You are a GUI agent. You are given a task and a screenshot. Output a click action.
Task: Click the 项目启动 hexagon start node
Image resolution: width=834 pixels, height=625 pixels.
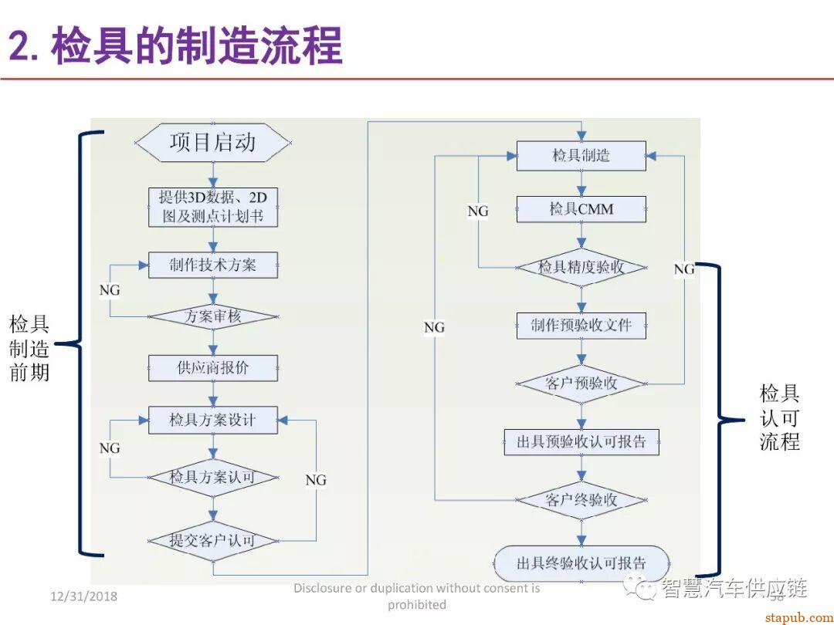(213, 143)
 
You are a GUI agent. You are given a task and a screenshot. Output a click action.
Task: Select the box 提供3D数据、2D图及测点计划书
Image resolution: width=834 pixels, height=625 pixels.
(213, 207)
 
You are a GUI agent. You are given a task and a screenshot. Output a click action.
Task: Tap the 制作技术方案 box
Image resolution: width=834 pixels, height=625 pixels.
(213, 265)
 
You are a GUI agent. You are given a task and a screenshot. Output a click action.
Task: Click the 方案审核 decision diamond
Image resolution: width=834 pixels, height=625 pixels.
(213, 316)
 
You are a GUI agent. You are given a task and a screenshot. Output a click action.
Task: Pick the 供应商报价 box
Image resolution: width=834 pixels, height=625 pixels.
(213, 368)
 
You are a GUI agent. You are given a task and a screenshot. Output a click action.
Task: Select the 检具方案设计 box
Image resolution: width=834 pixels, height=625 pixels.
(213, 421)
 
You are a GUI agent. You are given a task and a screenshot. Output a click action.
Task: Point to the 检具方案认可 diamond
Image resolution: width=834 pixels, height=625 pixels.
(213, 478)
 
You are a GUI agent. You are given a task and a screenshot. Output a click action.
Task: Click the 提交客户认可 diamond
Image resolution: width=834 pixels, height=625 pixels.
(213, 540)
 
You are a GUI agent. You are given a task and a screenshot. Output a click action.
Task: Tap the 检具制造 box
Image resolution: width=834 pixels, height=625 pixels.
(581, 156)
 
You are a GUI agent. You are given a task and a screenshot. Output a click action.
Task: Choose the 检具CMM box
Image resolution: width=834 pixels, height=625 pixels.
(581, 209)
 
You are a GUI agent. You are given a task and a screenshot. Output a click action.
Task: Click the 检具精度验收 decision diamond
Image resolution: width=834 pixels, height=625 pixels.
(581, 268)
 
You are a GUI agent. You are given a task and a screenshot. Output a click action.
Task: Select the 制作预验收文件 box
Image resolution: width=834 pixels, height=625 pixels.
(581, 326)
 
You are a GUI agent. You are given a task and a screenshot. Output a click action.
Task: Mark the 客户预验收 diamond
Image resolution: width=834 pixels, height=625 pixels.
(581, 383)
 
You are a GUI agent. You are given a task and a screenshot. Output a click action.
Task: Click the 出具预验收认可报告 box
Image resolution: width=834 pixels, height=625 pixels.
(581, 442)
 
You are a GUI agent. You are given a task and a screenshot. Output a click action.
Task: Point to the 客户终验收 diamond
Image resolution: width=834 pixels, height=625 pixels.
(581, 500)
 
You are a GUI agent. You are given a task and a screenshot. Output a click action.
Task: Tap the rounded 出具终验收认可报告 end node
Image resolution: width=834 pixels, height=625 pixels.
(581, 562)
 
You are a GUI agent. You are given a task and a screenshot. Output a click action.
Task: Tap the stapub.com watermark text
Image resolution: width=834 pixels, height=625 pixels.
(795, 617)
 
